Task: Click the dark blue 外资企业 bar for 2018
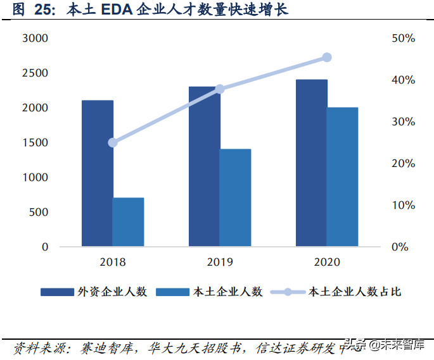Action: click(98, 173)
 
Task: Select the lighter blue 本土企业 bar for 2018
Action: click(128, 222)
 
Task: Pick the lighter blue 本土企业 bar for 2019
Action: click(235, 198)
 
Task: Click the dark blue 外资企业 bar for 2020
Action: click(312, 163)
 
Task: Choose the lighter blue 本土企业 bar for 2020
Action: click(342, 177)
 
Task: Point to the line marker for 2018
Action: click(113, 142)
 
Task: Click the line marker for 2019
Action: click(220, 89)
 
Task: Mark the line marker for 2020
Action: click(327, 58)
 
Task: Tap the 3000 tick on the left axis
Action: click(35, 39)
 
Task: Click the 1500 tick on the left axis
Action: click(35, 143)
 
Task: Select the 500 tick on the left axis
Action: click(39, 212)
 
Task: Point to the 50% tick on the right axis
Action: click(403, 39)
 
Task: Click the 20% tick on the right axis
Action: click(403, 164)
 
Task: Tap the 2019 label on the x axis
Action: click(220, 262)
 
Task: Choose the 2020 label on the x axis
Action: click(327, 262)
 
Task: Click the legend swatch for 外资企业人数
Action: click(58, 292)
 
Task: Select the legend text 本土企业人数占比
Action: click(354, 292)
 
